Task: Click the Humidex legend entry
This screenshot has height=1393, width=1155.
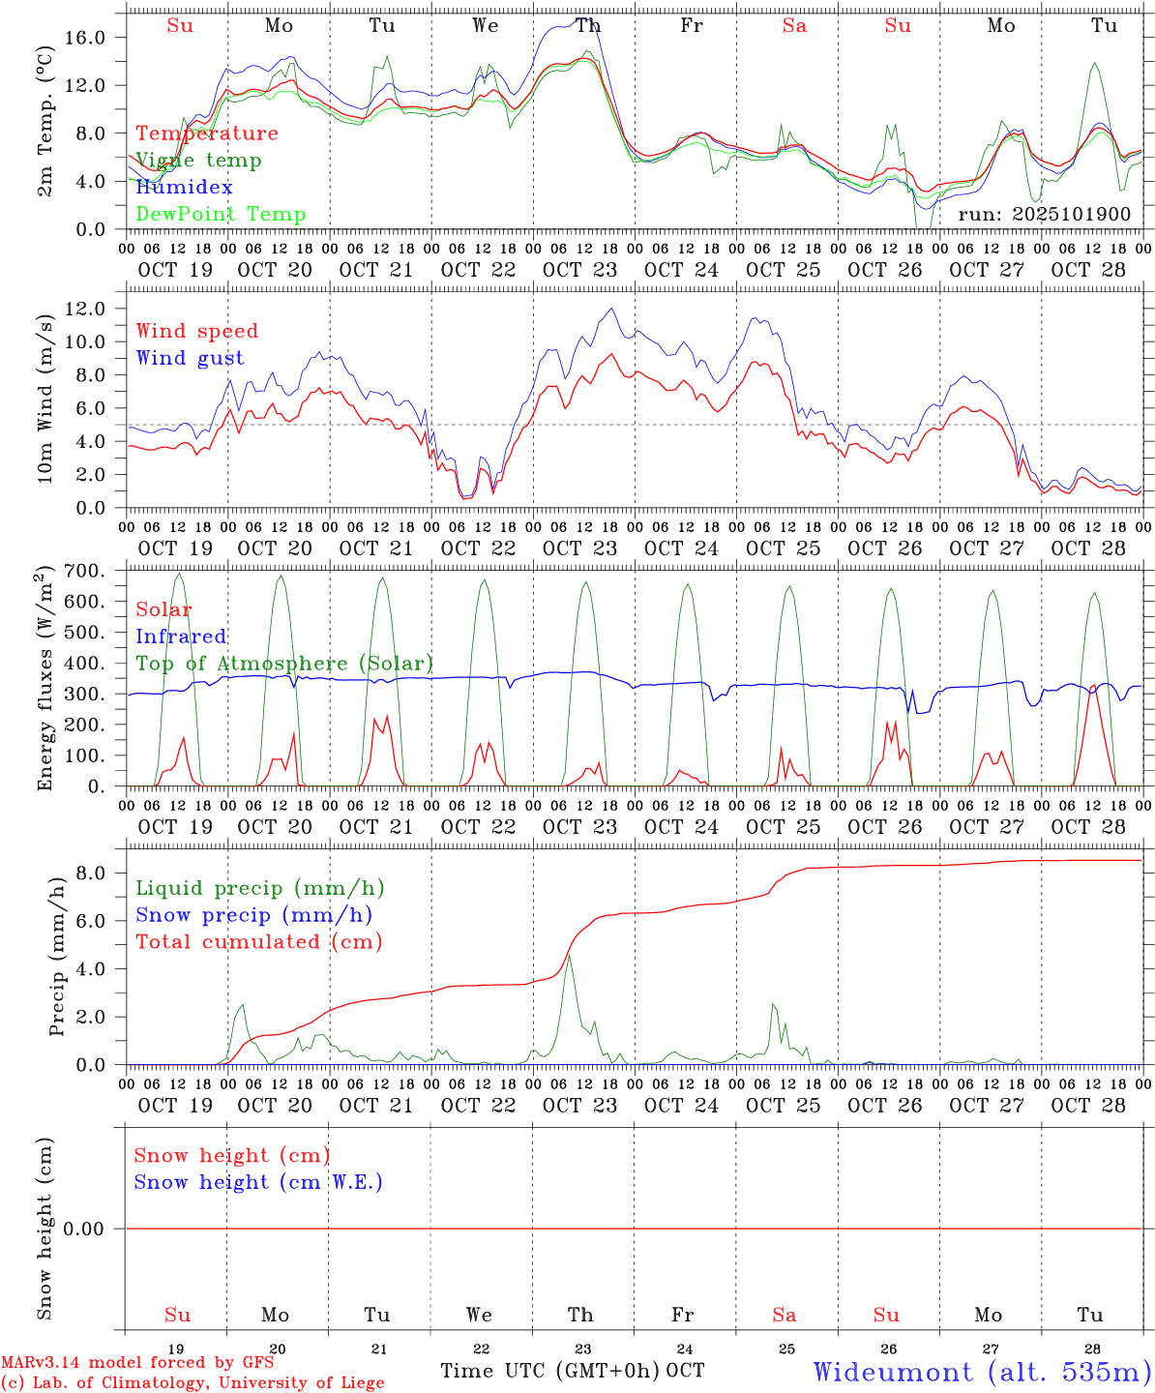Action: click(184, 188)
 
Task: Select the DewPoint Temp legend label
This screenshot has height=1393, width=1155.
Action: click(221, 215)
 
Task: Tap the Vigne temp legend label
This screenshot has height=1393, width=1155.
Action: click(198, 161)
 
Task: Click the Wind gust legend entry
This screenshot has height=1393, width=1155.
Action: click(190, 358)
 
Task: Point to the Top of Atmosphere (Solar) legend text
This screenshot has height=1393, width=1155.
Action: click(284, 664)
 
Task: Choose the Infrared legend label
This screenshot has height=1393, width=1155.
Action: click(181, 637)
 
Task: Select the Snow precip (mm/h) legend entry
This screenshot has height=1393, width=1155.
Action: click(253, 915)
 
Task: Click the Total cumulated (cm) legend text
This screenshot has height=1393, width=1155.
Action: click(258, 942)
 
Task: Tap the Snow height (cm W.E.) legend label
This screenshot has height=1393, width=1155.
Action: click(258, 1182)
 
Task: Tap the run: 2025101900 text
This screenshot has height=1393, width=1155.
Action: click(1044, 215)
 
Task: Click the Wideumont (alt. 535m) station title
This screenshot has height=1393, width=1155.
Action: click(982, 1372)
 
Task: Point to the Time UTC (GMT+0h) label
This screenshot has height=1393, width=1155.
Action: click(549, 1371)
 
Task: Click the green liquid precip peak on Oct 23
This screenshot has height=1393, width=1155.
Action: click(569, 956)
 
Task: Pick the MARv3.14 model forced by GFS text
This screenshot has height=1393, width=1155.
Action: click(137, 1363)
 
